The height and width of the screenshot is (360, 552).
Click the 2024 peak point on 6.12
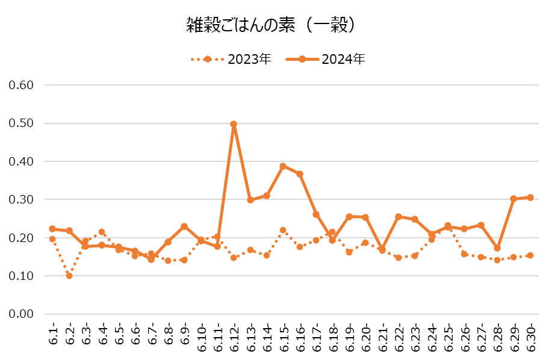click(234, 125)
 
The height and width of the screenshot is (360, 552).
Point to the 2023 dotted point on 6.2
click(69, 276)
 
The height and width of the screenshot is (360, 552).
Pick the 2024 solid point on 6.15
click(283, 166)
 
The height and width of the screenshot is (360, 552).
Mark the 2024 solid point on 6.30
click(530, 197)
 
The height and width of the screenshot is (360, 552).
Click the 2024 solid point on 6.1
click(52, 229)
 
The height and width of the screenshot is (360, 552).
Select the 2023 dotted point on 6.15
click(283, 230)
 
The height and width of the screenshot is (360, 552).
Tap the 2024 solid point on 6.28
click(497, 248)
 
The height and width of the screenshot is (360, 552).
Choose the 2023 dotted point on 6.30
click(530, 255)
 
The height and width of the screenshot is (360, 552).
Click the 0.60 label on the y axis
click(20, 85)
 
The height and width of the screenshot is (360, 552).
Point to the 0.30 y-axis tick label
click(20, 200)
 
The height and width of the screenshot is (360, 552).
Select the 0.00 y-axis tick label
click(20, 314)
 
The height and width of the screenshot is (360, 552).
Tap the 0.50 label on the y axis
click(20, 123)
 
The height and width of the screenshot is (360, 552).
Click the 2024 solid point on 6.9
click(184, 226)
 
